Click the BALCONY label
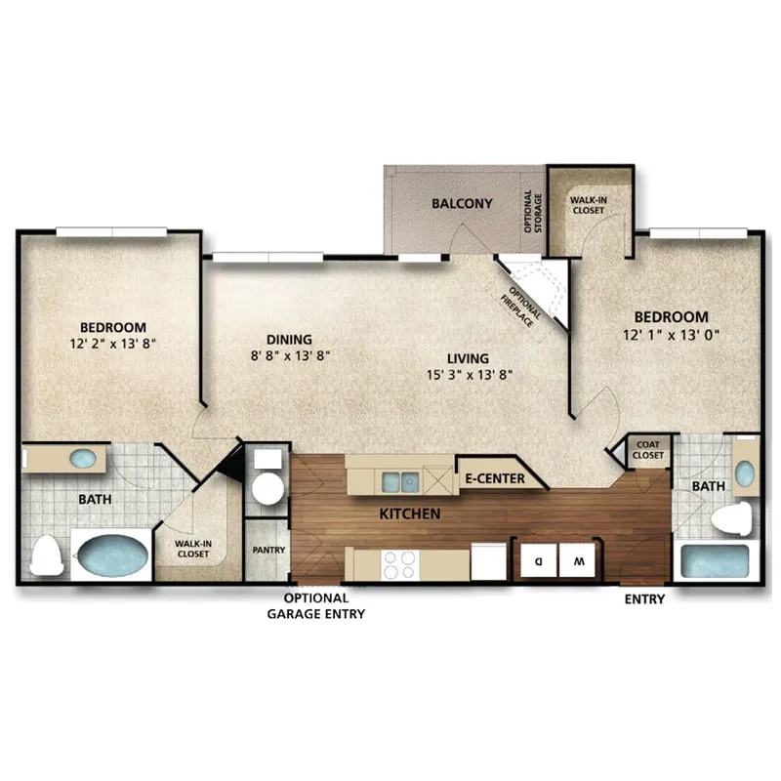coord(462,204)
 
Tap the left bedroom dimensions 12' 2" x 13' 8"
coord(113,344)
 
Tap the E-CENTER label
coord(494,478)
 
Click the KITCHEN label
coord(411,514)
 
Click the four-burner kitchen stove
coord(398,564)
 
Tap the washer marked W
coord(579,561)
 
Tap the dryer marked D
coord(539,561)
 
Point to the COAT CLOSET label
coord(647,450)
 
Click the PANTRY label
coord(267,550)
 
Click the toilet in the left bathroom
coord(46,555)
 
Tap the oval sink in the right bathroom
coord(744,473)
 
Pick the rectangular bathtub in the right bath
coord(715,561)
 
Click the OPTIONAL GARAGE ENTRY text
coord(316,606)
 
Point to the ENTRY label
coord(644,599)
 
